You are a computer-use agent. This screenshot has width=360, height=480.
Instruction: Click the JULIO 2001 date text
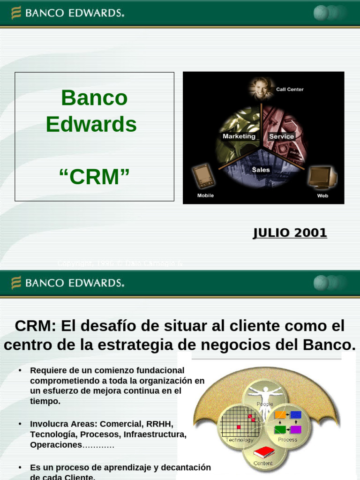tap(290, 233)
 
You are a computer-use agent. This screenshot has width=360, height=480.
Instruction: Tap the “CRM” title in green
tap(94, 177)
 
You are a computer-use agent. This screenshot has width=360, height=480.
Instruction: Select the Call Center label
tap(290, 89)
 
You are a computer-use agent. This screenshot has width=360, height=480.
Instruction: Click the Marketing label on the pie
tap(239, 136)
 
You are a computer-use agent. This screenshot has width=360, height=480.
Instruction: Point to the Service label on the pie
tap(281, 136)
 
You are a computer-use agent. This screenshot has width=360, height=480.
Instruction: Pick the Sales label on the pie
tap(261, 170)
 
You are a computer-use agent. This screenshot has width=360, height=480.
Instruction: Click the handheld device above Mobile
tap(202, 176)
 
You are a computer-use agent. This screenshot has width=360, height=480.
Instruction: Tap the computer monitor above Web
tap(322, 177)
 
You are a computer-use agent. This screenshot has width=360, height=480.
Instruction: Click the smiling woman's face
tap(261, 88)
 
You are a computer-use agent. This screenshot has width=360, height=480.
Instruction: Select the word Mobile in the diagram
tap(205, 195)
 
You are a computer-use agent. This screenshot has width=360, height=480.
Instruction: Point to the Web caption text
tap(322, 195)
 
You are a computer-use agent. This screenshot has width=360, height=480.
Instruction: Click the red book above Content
tap(263, 453)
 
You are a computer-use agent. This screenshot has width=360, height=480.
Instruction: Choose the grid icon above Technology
tap(239, 421)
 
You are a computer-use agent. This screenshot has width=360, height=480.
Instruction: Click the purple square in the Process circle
tap(296, 429)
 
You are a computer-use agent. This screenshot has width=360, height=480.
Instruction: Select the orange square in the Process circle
tap(280, 415)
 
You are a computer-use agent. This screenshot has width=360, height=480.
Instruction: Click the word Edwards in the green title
tap(91, 125)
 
